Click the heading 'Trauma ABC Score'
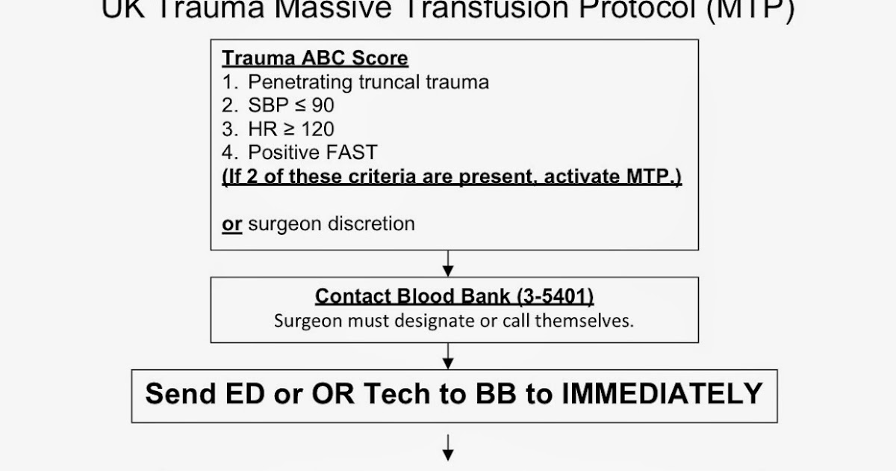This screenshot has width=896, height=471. click(x=315, y=58)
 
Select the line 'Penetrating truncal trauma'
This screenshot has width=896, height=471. click(x=368, y=82)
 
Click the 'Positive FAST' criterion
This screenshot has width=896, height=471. click(x=313, y=153)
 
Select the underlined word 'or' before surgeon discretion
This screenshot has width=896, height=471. click(x=232, y=224)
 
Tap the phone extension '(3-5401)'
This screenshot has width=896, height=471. click(x=555, y=296)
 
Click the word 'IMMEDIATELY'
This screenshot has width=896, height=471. click(x=666, y=393)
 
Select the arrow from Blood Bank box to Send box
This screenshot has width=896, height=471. click(x=448, y=355)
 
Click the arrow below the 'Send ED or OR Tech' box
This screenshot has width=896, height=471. click(x=448, y=447)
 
